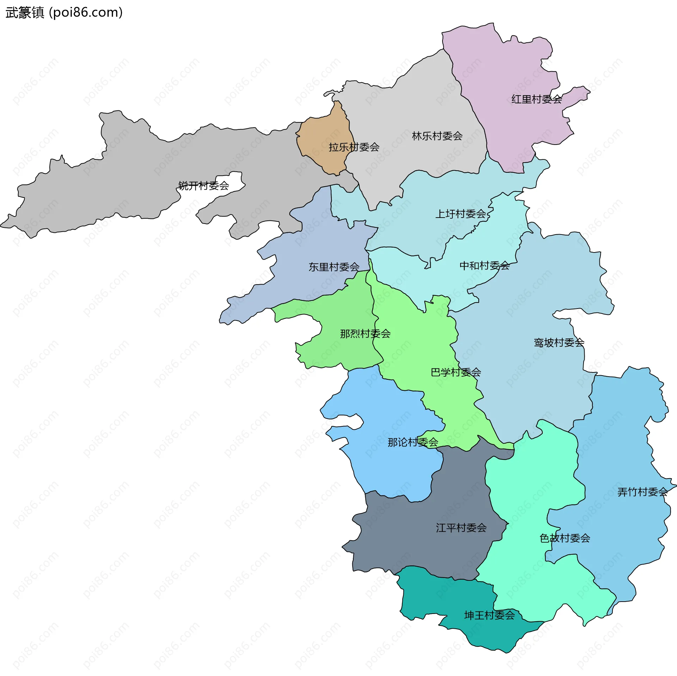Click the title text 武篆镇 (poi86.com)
click(x=64, y=13)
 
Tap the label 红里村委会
click(x=537, y=99)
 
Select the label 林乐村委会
click(x=437, y=136)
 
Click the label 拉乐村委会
click(x=354, y=147)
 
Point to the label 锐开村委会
click(x=203, y=185)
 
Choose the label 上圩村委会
click(x=461, y=214)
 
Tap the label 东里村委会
click(x=334, y=267)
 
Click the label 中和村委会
click(x=484, y=266)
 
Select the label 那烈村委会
click(x=365, y=334)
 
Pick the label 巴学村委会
click(x=456, y=372)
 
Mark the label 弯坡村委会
click(x=559, y=342)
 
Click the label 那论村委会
click(x=413, y=442)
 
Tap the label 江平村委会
click(x=461, y=528)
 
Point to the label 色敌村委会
click(x=565, y=538)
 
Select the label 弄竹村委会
click(x=642, y=492)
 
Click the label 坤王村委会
click(x=489, y=615)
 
